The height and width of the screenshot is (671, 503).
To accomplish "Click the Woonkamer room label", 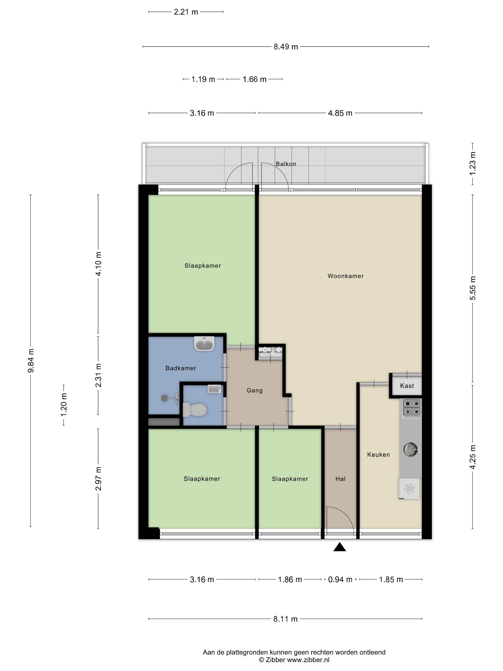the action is point(345,276).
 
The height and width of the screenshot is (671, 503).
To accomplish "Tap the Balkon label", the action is point(286,164).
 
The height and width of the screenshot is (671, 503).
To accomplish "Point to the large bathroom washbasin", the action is point(204,344).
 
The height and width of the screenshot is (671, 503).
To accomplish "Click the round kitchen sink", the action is point(411,449).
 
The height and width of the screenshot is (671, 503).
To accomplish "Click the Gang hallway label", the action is point(254,390).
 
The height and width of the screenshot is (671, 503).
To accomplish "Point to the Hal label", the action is point(340,479).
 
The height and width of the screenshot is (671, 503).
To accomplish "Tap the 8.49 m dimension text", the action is point(286,47).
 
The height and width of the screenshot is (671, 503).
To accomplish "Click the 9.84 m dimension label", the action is point(31,360).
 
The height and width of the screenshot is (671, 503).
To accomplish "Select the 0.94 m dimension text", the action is point(340,579).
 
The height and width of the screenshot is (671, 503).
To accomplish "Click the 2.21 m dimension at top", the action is point(186,12).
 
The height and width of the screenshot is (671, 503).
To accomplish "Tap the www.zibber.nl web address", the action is point(308,660).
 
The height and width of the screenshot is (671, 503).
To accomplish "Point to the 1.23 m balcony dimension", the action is point(472,163).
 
